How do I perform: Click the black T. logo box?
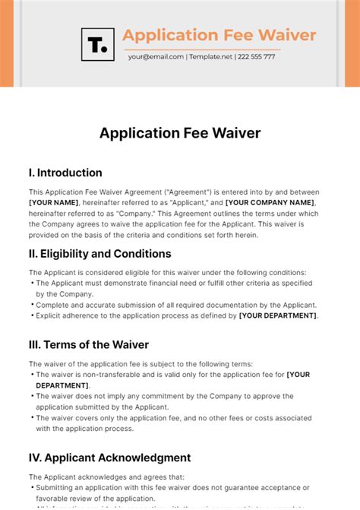[x=97, y=44]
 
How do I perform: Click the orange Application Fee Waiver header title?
[x=219, y=35]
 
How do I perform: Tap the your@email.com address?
[x=156, y=57]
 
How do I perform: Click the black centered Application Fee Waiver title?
[x=180, y=133]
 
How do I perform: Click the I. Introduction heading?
[x=65, y=173]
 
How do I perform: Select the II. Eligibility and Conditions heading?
[x=100, y=254]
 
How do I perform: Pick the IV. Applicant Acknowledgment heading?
[x=110, y=458]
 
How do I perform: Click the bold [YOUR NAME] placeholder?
[x=54, y=203]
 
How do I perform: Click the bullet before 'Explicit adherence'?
[x=32, y=315]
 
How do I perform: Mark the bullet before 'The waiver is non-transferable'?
[x=32, y=375]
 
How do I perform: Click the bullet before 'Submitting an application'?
[x=32, y=487]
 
